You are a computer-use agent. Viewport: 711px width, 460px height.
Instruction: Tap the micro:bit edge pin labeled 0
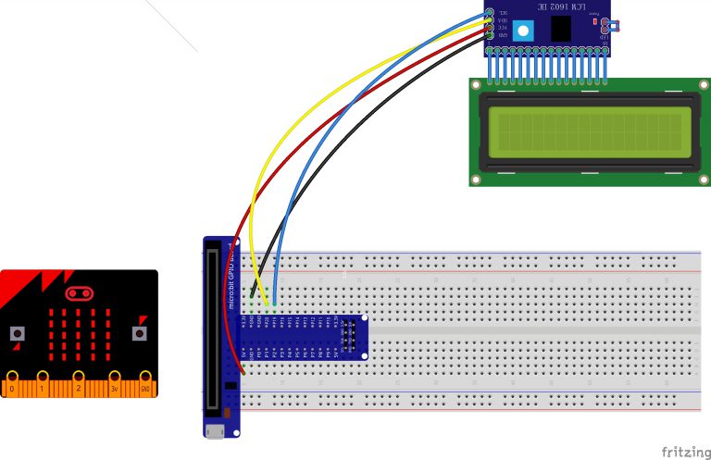(x=12, y=382)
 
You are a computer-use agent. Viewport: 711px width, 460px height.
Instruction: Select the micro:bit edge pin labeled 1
(x=44, y=382)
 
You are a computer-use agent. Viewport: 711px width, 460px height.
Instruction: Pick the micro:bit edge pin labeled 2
(x=79, y=382)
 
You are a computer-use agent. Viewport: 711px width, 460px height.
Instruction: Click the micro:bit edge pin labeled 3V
(x=115, y=382)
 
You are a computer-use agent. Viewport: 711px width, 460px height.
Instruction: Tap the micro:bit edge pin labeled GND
(x=145, y=382)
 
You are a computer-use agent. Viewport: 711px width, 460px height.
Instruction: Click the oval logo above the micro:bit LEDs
(x=79, y=293)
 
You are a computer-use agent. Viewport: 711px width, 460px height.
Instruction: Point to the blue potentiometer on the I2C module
(x=523, y=30)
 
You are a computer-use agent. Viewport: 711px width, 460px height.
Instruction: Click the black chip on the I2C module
(x=560, y=29)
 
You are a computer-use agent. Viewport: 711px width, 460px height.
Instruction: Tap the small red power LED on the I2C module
(x=595, y=21)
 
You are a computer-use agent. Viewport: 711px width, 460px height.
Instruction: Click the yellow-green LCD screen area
(x=590, y=132)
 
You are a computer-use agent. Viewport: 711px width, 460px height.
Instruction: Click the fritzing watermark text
(x=686, y=451)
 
